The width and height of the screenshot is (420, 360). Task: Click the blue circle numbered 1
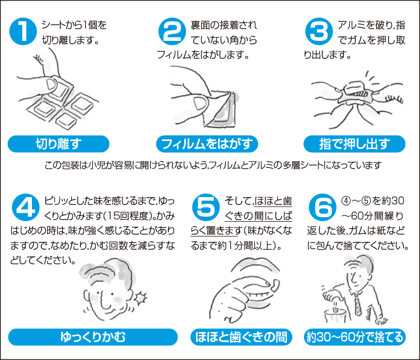23,31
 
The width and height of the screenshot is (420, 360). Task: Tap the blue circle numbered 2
172,31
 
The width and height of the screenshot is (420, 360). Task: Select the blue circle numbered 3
319,31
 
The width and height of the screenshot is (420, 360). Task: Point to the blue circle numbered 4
26,207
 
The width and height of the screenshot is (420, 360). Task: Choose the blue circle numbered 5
206,207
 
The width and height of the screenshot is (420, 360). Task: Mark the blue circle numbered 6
323,207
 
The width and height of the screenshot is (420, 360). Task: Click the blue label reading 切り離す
58,144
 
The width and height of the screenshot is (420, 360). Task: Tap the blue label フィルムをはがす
207,144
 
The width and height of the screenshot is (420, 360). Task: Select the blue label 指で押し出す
354,144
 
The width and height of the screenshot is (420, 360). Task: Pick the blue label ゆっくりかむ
93,337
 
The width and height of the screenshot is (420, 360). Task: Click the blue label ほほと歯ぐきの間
241,337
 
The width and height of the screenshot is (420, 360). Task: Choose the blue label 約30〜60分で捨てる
355,337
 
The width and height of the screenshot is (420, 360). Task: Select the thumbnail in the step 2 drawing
200,104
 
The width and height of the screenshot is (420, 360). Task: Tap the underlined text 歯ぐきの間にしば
258,216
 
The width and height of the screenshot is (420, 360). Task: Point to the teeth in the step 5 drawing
259,295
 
